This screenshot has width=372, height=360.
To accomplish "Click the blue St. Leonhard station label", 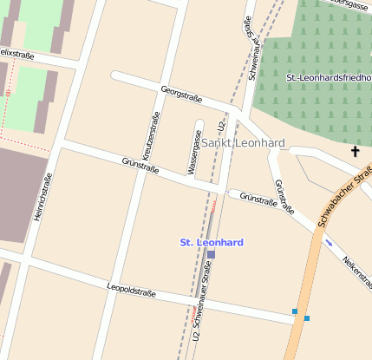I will point(211,241).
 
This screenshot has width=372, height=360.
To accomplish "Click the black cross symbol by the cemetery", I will point(355,153).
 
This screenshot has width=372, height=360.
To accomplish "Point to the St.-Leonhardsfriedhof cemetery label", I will point(328,78).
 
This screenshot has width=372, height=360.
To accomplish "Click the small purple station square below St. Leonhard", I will point(211,254).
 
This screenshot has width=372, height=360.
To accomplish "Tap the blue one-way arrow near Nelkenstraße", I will point(328,242).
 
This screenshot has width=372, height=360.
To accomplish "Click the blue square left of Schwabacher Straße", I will point(295,311).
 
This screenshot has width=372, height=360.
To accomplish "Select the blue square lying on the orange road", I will point(307,318).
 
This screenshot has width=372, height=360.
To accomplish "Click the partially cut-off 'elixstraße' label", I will point(17,54).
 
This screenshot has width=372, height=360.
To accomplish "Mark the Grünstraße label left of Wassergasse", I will point(140,165).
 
